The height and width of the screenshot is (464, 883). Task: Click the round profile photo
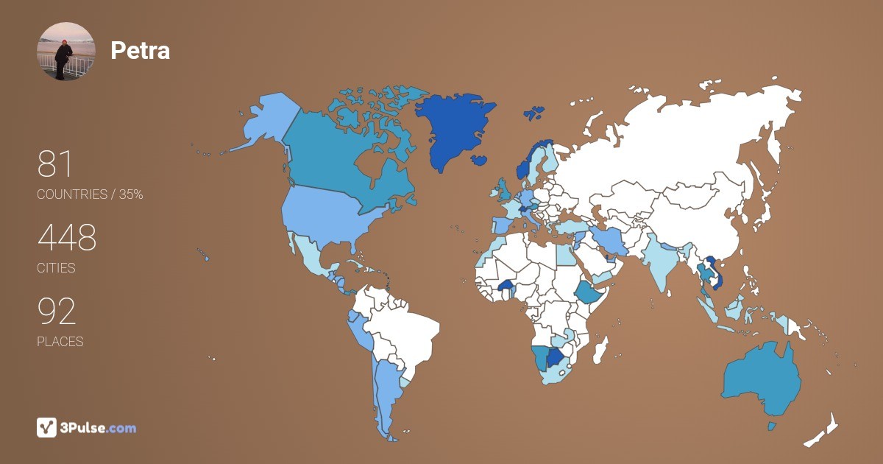[65, 51]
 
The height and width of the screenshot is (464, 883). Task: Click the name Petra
[140, 50]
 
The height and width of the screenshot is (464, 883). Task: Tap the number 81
[55, 164]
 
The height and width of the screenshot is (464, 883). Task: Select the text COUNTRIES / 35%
[90, 194]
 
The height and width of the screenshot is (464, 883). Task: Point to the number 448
[67, 238]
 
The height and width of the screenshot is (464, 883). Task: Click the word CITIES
[56, 268]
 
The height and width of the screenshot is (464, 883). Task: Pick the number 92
[57, 312]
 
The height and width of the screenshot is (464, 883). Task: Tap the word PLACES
[60, 342]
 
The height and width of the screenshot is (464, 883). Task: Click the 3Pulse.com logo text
[99, 428]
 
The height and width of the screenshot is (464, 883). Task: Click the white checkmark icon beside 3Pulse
[46, 427]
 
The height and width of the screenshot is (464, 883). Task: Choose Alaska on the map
[265, 122]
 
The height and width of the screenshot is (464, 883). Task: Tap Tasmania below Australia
[772, 426]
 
